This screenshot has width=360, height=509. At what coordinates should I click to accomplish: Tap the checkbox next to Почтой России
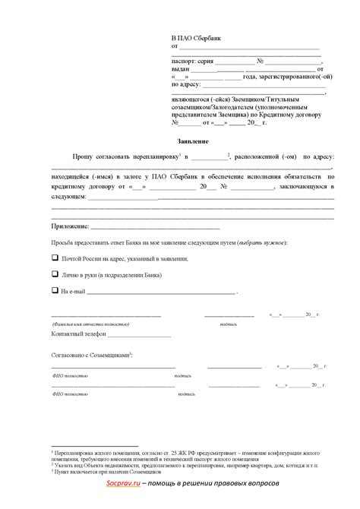[55, 258]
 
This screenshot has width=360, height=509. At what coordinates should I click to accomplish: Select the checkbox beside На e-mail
[55, 290]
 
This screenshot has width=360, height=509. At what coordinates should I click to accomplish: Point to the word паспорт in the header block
[183, 60]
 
